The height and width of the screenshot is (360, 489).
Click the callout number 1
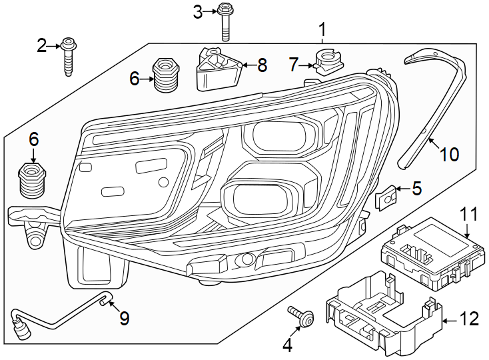(x=322, y=29)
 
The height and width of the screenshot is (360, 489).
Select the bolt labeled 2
(x=69, y=57)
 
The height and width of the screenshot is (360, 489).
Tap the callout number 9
(x=124, y=319)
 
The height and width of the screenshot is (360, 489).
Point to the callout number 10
(x=449, y=155)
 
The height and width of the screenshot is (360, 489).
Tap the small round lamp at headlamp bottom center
(x=246, y=259)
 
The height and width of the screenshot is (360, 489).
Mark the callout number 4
(x=288, y=345)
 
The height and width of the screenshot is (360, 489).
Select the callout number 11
(x=469, y=215)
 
